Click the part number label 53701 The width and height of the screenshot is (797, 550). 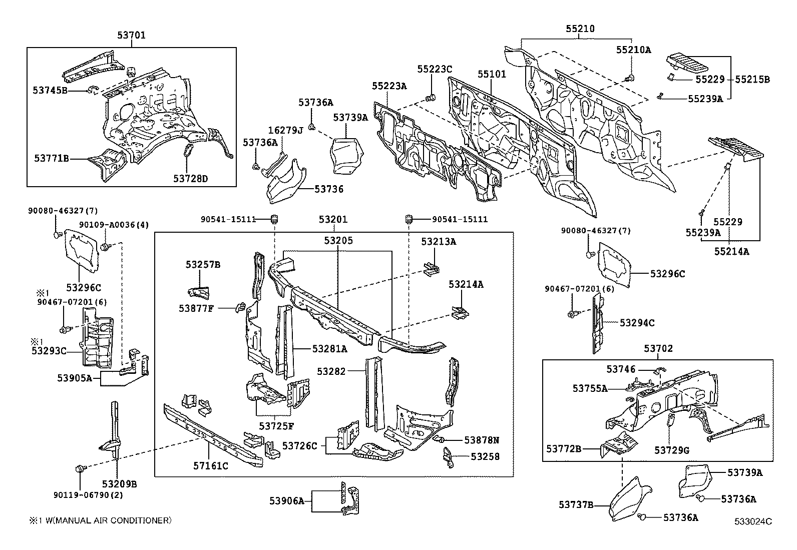pyautogui.click(x=132, y=35)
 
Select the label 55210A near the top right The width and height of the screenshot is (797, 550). pyautogui.click(x=633, y=50)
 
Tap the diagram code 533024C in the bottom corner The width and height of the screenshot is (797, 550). pyautogui.click(x=753, y=521)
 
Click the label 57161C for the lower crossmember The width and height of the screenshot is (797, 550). pyautogui.click(x=211, y=466)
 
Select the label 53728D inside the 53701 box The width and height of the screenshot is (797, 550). pyautogui.click(x=190, y=178)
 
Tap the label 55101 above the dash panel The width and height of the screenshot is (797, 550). pyautogui.click(x=492, y=74)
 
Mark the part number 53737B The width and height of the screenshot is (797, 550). pyautogui.click(x=576, y=505)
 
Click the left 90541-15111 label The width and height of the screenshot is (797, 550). pyautogui.click(x=228, y=219)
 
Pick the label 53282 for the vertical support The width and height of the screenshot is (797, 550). pyautogui.click(x=331, y=371)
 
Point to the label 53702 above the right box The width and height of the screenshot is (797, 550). pyautogui.click(x=658, y=348)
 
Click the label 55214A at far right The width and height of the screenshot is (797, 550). pyautogui.click(x=731, y=252)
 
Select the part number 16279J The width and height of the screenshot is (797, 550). pyautogui.click(x=286, y=131)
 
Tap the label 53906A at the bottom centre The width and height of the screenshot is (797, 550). pyautogui.click(x=287, y=500)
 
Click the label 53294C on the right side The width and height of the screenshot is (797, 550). pyautogui.click(x=637, y=323)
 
